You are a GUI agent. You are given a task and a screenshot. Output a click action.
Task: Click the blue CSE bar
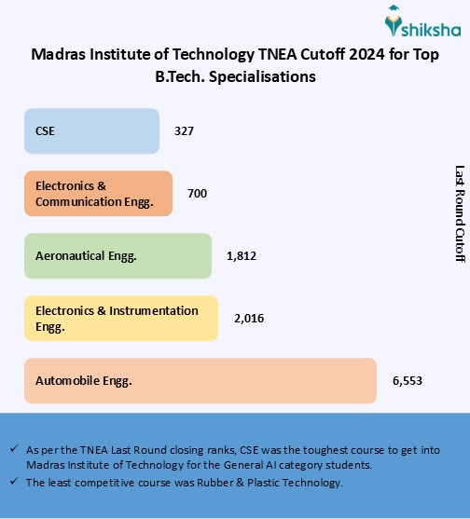[91, 130]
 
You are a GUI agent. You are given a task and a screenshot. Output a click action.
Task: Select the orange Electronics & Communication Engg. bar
[98, 193]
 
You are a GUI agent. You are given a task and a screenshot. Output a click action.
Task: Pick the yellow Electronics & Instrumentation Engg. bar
[120, 318]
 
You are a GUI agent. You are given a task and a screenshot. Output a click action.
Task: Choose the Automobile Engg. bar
[200, 380]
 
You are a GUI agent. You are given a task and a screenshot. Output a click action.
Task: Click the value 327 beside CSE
[185, 131]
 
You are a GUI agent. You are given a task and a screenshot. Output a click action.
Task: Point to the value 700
[197, 194]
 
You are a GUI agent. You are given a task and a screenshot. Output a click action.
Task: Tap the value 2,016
[249, 319]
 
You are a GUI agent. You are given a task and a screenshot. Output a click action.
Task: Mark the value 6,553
[408, 381]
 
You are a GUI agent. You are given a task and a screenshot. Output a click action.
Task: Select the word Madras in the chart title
[58, 55]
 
